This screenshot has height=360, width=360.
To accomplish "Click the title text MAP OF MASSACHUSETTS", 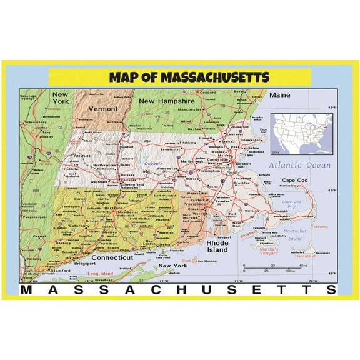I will point(189,77).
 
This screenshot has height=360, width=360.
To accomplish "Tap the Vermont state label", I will point(103,108).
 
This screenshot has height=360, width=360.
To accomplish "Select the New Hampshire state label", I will point(167,101).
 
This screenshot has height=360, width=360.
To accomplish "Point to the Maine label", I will point(280,95).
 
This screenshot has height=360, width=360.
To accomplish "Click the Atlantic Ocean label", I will point(300,166).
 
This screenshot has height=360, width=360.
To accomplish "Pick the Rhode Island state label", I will point(217,246).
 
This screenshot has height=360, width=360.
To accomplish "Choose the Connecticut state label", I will point(112,257).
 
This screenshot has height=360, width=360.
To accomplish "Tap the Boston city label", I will point(243,164).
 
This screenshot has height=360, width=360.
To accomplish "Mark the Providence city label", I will point(195,204).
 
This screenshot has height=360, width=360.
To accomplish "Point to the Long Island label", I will point(101,274).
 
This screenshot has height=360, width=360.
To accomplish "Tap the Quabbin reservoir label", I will point(153,164).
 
